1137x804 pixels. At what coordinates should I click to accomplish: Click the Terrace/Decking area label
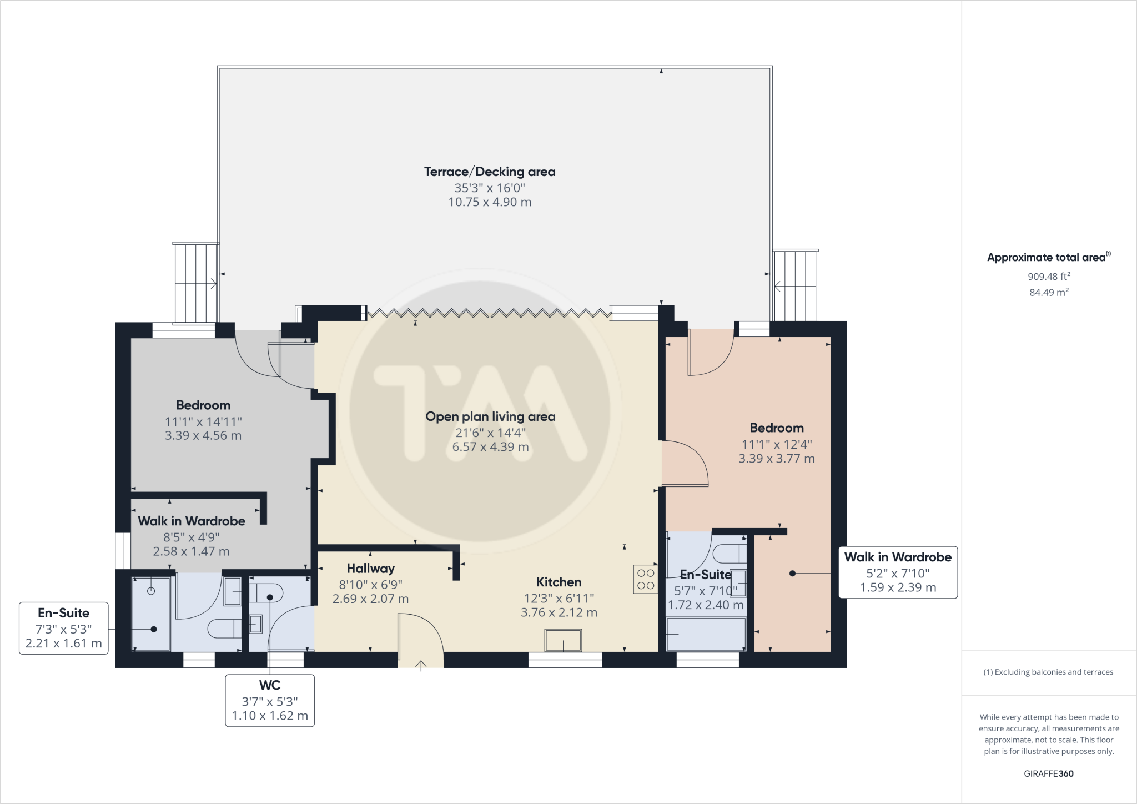490,172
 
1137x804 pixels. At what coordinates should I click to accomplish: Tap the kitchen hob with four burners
646,579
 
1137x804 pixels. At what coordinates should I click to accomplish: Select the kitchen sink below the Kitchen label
563,640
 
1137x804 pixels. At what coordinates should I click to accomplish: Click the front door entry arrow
421,665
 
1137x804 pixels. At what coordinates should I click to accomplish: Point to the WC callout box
270,700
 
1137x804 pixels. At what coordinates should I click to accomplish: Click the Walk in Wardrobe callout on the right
898,572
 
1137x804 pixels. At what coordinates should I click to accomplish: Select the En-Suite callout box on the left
63,628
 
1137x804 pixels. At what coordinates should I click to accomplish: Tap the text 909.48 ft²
1049,276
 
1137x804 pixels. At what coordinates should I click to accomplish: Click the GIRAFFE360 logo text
1049,773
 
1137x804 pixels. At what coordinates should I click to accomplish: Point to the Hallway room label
370,569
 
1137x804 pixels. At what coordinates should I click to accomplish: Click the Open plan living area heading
490,416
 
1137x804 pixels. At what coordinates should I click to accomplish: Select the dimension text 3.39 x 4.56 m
203,436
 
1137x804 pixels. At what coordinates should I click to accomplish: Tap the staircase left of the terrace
195,283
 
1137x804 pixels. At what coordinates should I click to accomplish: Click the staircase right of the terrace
795,285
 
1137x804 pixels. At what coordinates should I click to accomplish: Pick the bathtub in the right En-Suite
706,634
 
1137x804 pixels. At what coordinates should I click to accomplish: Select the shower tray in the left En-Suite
151,614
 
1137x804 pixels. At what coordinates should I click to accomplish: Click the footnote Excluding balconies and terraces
1049,672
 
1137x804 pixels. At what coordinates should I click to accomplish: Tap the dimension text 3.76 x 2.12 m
559,612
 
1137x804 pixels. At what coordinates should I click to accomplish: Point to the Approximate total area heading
1047,257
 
